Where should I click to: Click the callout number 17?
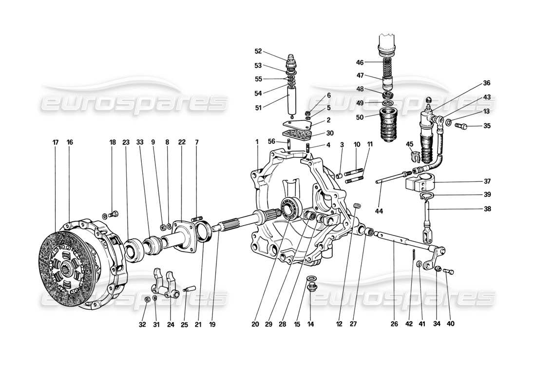click(x=55, y=142)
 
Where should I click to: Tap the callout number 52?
click(x=258, y=51)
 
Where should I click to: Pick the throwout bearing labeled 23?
click(x=132, y=250)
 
